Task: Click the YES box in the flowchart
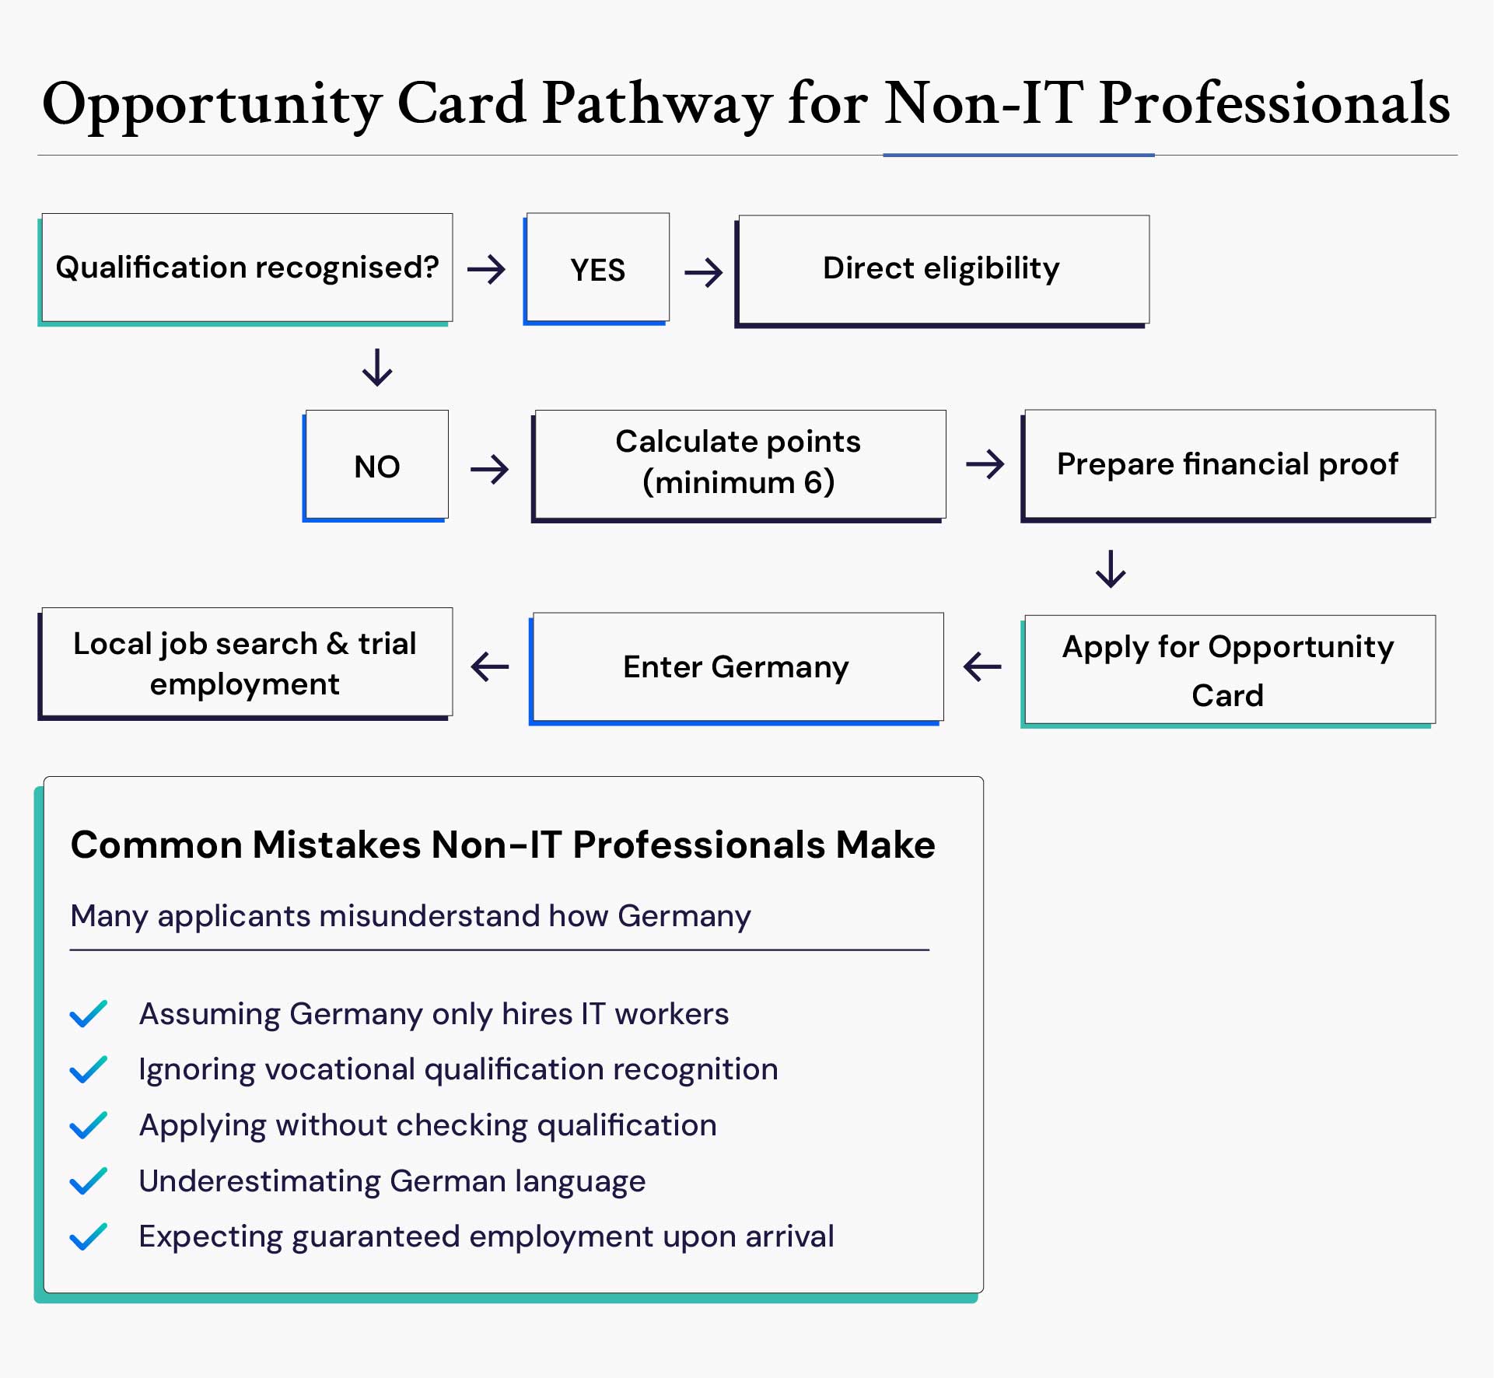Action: [597, 269]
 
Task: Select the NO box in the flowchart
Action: [376, 466]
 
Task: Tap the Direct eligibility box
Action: [942, 269]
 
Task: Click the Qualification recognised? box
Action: [247, 268]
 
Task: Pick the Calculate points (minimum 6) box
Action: [739, 463]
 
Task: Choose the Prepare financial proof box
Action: [1228, 464]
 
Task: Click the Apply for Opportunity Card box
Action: [1228, 670]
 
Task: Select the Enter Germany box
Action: [737, 667]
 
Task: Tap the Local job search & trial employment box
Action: [246, 663]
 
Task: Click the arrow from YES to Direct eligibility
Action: [704, 272]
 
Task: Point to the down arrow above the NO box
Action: [377, 368]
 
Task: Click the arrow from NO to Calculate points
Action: [490, 469]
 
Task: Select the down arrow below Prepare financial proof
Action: [1111, 569]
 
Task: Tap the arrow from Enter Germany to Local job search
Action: [490, 666]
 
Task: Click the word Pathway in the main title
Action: [657, 105]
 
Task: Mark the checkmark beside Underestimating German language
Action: [89, 1181]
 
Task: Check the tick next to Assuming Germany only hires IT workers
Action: [89, 1014]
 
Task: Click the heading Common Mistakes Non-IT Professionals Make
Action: [502, 845]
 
